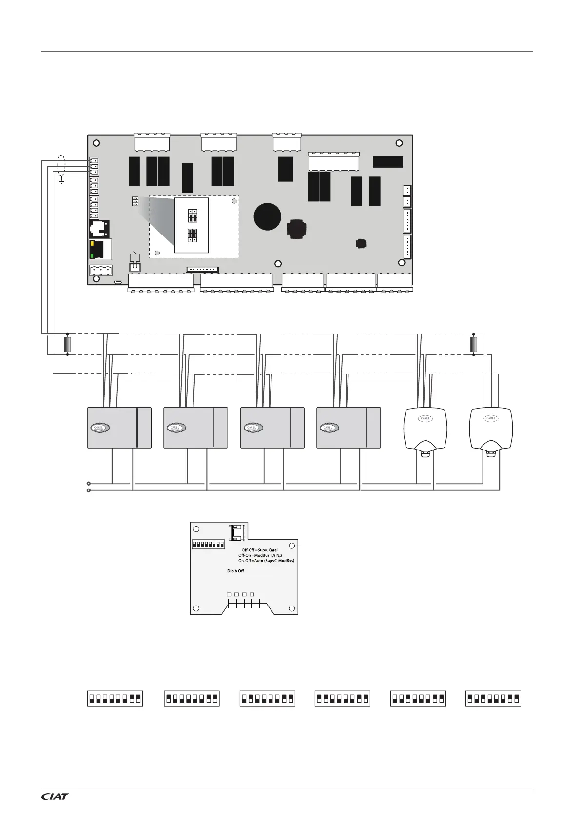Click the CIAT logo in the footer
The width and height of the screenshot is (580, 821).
55,796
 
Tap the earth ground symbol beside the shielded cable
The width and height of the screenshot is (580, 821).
61,180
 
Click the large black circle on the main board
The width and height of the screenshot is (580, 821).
268,216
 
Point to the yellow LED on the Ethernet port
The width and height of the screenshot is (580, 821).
92,242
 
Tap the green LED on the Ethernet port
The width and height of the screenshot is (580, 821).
92,255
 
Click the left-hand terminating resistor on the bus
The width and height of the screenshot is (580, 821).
68,344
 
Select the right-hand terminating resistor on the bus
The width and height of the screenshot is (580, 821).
473,344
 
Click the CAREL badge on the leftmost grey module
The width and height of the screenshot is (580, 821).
99,428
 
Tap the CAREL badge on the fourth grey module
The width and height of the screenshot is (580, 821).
329,428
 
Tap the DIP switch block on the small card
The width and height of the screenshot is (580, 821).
208,544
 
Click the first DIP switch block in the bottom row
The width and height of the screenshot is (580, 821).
115,698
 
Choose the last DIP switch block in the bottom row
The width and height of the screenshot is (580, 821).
493,698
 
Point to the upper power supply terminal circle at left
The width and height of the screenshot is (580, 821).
88,484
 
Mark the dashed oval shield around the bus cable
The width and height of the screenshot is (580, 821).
61,164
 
